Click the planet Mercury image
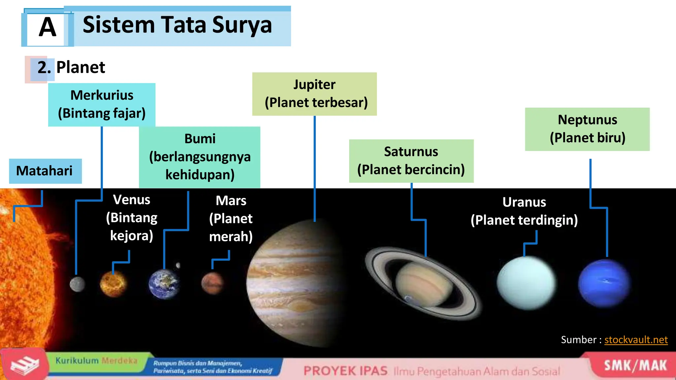pyautogui.click(x=77, y=284)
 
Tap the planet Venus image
pyautogui.click(x=113, y=284)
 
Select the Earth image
pyautogui.click(x=164, y=284)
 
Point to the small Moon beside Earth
pyautogui.click(x=178, y=265)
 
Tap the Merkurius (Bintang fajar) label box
pyautogui.click(x=102, y=105)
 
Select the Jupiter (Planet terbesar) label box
pyautogui.click(x=314, y=94)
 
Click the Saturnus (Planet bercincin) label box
pyautogui.click(x=411, y=161)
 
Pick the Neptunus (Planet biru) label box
pyautogui.click(x=587, y=129)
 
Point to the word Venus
pyautogui.click(x=131, y=200)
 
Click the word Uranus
pyautogui.click(x=524, y=202)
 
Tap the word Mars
pyautogui.click(x=231, y=201)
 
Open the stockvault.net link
pyautogui.click(x=636, y=340)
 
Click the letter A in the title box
pyautogui.click(x=48, y=27)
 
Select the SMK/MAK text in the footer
pyautogui.click(x=635, y=366)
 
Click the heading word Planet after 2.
pyautogui.click(x=81, y=68)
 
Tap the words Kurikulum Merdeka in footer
pyautogui.click(x=96, y=361)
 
